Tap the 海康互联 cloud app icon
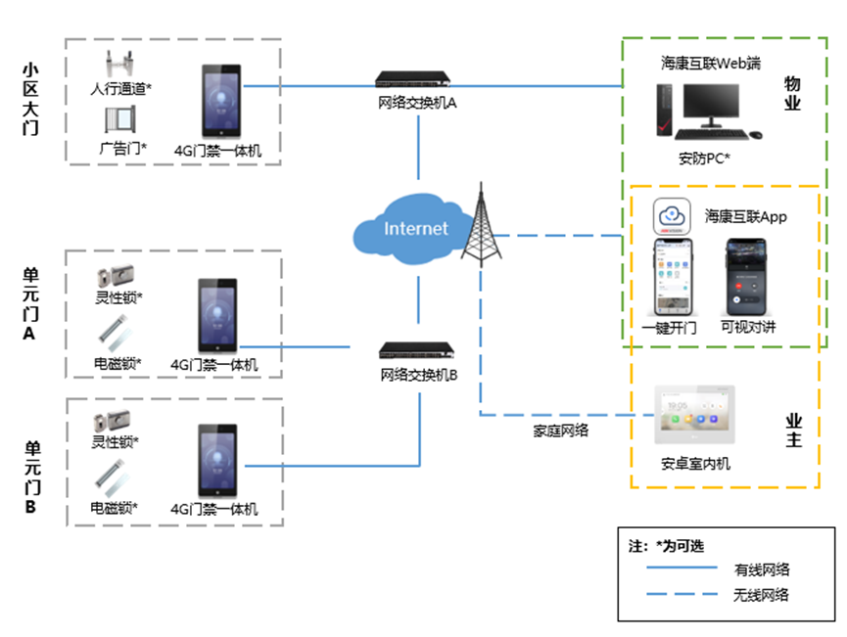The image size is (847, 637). pos(672,216)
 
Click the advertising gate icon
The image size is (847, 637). pos(120,120)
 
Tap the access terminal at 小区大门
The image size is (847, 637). pos(220,101)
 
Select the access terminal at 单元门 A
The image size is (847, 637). pos(217,316)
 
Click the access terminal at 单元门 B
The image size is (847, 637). pos(217,460)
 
